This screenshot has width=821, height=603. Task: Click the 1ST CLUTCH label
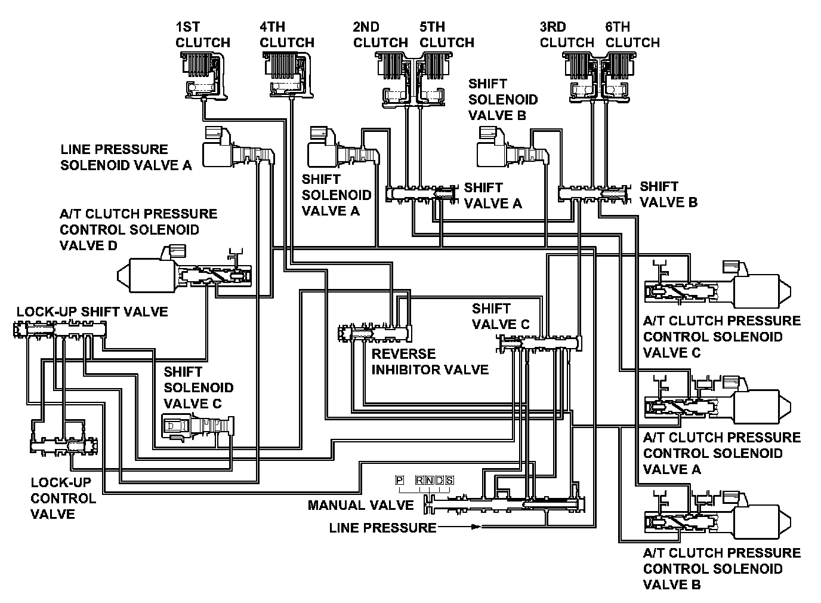[x=203, y=35]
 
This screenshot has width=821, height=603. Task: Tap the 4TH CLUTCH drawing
[x=288, y=75]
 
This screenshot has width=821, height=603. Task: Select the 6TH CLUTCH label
[x=632, y=35]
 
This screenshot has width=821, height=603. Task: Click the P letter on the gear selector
[x=399, y=480]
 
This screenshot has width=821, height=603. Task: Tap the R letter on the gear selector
[x=419, y=480]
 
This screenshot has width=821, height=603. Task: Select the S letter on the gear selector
[x=449, y=480]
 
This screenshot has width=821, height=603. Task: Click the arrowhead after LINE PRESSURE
[x=476, y=527]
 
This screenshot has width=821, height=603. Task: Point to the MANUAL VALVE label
[x=360, y=505]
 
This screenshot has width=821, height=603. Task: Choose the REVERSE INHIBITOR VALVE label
[x=430, y=362]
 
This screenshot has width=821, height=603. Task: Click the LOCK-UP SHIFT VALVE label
[x=92, y=312]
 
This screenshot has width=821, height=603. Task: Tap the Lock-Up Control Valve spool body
[x=64, y=446]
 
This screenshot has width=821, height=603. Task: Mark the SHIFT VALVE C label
[x=501, y=316]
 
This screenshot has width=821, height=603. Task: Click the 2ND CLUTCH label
[x=381, y=35]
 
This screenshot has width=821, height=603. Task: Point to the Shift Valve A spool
[x=421, y=193]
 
